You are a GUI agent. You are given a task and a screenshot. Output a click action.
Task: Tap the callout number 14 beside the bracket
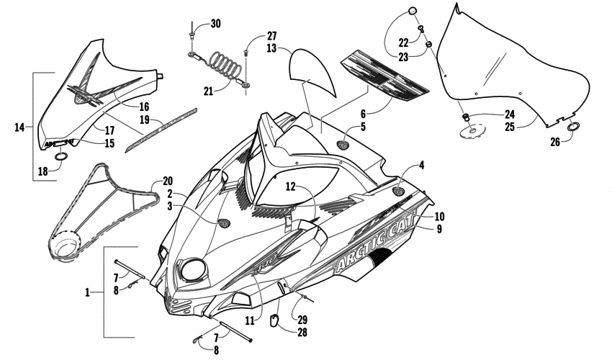coord(19,127)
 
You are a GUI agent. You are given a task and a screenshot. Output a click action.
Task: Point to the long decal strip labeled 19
coord(161,130)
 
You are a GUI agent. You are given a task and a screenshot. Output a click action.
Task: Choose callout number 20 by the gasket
coord(168,181)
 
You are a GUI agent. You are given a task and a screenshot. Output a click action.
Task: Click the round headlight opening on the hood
coord(194,271)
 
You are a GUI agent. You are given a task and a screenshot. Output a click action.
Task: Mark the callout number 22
coord(403,42)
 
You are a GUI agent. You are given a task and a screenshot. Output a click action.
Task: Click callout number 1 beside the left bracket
coord(87,292)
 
